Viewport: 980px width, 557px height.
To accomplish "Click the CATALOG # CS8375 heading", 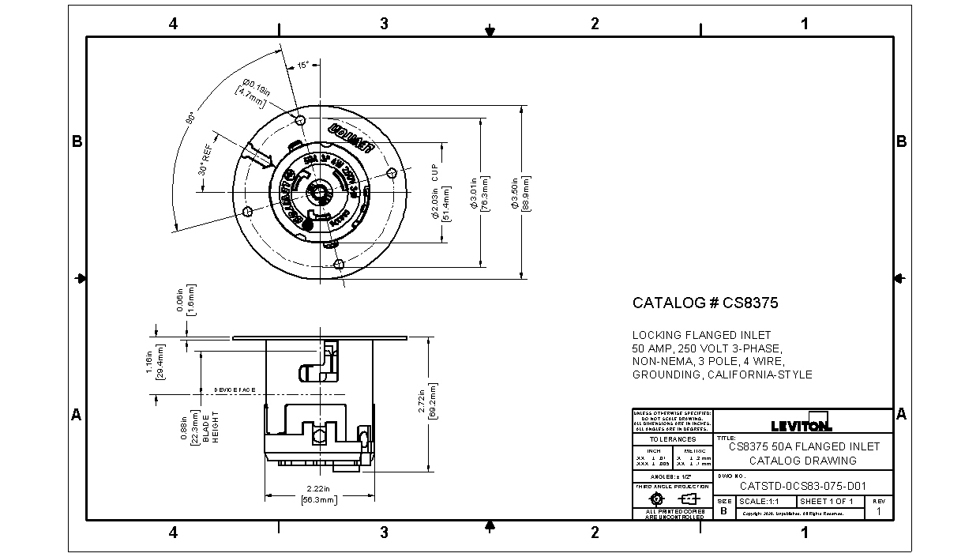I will pos(695,303).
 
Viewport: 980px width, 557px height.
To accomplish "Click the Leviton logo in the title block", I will pos(801,425).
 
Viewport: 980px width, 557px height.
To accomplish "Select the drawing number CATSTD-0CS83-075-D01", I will pos(802,487).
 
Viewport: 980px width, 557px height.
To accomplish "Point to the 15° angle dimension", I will pos(303,66).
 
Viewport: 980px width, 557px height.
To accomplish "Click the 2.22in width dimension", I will pos(320,495).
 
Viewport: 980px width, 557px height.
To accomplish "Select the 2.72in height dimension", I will pos(426,404).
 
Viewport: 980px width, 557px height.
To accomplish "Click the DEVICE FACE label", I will pos(235,390).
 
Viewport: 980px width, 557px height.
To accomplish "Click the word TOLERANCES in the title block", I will pos(672,439).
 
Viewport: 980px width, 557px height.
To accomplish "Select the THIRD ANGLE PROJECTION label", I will pos(672,487).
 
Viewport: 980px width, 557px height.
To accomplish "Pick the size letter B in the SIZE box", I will pos(724,511).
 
